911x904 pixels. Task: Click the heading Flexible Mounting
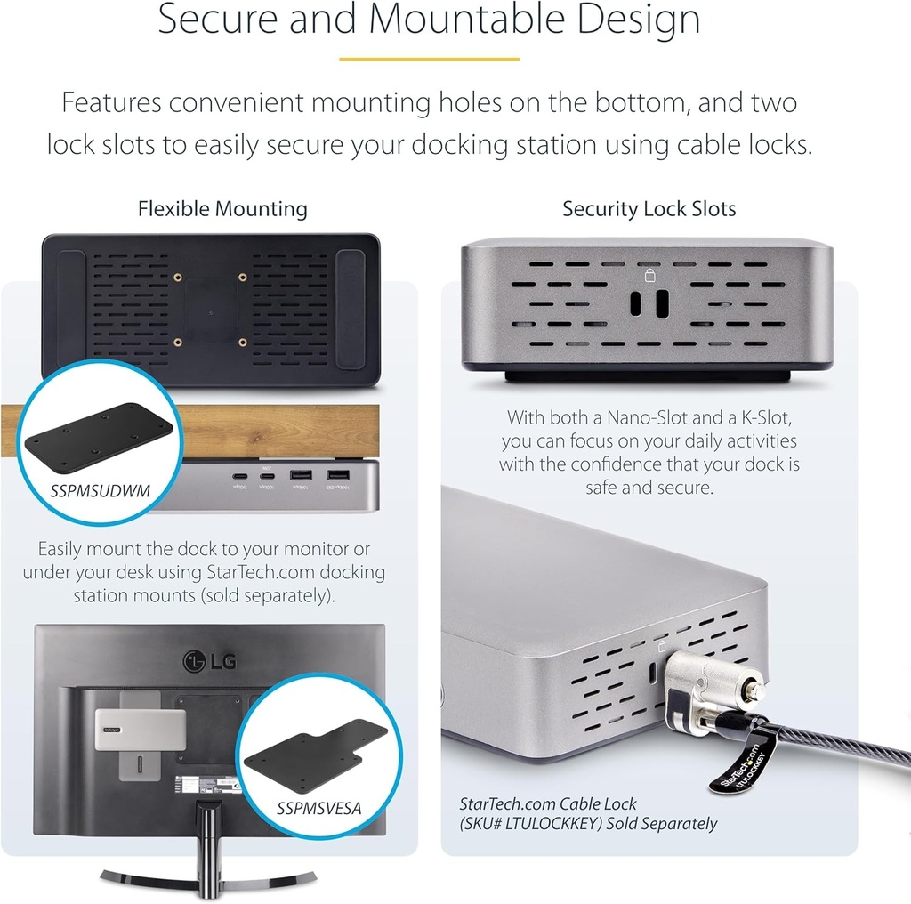222,210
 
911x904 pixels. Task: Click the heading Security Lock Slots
649,210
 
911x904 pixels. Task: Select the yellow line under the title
430,60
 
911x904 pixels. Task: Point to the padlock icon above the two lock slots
650,275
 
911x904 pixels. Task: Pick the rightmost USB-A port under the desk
337,478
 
